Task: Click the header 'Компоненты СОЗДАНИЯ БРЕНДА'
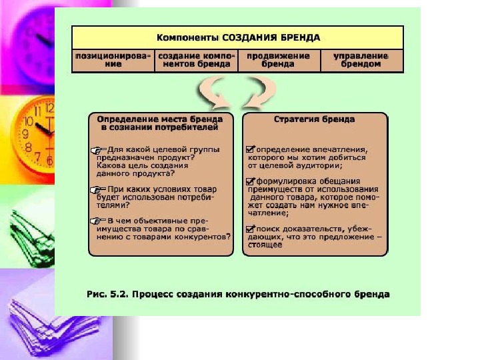pos(237,37)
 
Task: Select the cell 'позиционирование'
pos(112,60)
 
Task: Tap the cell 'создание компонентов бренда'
pos(195,60)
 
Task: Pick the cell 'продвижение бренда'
pos(279,60)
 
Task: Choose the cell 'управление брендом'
pos(362,60)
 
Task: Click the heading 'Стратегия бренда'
pos(314,120)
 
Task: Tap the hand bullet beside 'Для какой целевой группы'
pos(99,151)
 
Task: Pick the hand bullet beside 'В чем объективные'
pos(99,220)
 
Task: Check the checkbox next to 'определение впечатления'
pos(250,149)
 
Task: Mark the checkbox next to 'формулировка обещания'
pos(250,181)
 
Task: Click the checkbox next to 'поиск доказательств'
pos(250,228)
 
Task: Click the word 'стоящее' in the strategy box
pos(265,245)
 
